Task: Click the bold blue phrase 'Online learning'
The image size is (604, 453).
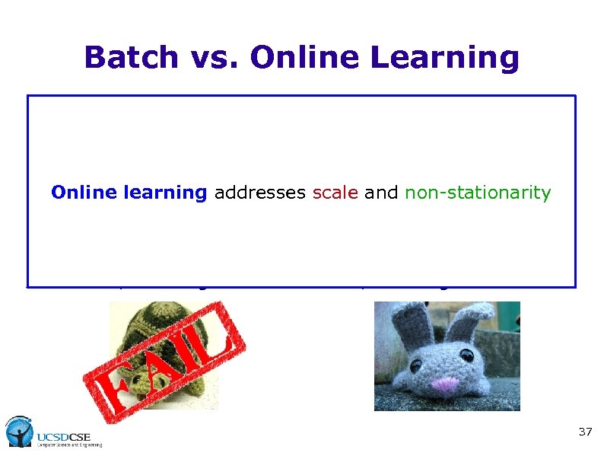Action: (x=129, y=193)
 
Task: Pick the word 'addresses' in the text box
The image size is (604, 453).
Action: (x=259, y=193)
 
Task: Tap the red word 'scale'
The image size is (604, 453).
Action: (x=335, y=193)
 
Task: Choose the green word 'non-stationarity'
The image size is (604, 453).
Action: (x=478, y=193)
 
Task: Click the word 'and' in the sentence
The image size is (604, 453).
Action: (x=380, y=193)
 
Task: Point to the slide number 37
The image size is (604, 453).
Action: (x=585, y=432)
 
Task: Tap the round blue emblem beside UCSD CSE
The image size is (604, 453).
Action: (x=18, y=431)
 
